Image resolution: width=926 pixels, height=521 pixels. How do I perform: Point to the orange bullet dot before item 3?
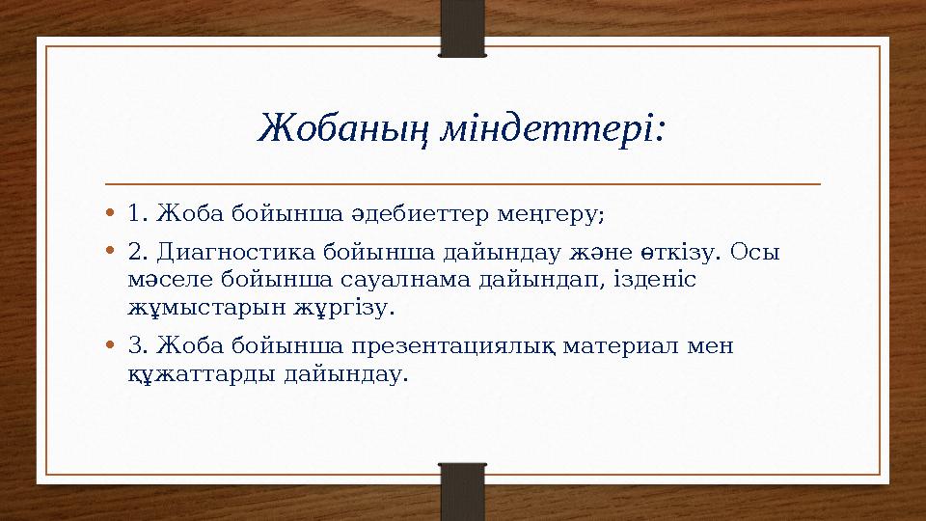112,344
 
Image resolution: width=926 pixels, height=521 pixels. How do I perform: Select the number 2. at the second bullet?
138,253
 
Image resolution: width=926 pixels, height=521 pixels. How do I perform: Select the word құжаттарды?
201,373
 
